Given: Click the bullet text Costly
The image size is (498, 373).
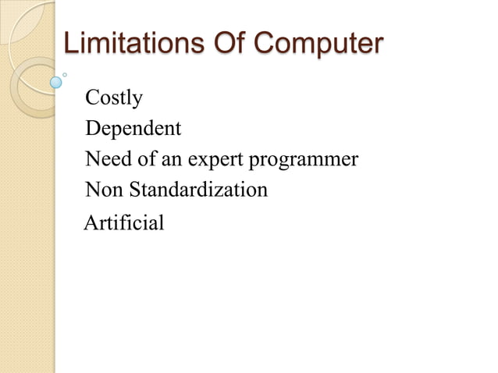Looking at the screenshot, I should pyautogui.click(x=114, y=99).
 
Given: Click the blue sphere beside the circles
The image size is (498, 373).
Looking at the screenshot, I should pyautogui.click(x=55, y=81).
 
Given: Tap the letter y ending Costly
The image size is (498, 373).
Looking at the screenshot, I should pyautogui.click(x=138, y=101).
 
